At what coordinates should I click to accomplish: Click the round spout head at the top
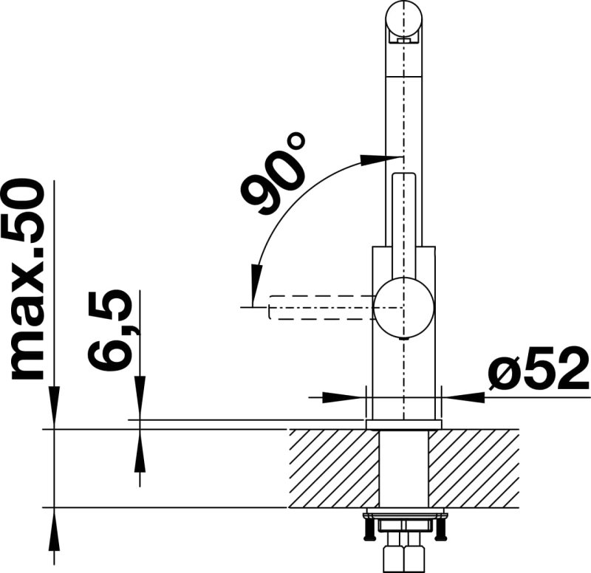[x=403, y=19]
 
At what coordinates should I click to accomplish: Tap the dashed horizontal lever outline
[x=321, y=307]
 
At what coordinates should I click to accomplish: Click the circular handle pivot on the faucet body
[x=403, y=307]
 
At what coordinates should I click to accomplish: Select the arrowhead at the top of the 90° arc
[x=373, y=159]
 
